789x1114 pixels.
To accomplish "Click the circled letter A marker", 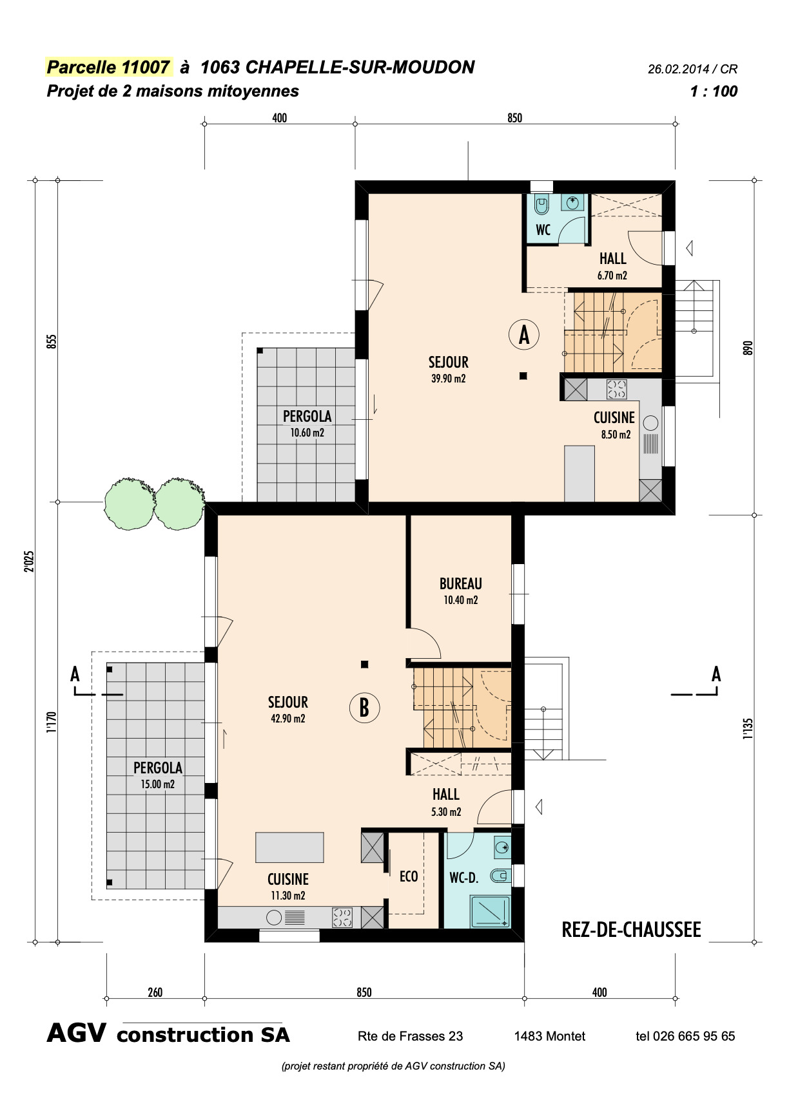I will point(524,335).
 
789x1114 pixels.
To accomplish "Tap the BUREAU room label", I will point(460,584).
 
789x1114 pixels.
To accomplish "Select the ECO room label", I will point(409,876).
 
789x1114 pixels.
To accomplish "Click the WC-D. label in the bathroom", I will point(463,878).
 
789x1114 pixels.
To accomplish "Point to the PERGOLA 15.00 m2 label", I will point(158,775).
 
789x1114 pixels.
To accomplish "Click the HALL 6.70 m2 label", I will point(612,266).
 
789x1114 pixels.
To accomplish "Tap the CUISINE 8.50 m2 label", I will point(614,425).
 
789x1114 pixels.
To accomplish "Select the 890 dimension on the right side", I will point(748,348).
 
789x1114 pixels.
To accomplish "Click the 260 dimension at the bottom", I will point(155,992).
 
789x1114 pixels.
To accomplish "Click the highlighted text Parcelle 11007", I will point(108,67).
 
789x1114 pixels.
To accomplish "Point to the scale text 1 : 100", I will point(714,91).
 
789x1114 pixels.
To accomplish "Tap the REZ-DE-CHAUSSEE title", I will point(631,930).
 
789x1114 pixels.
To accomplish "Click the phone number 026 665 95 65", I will point(694,1036).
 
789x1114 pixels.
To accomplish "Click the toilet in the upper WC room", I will point(541,205).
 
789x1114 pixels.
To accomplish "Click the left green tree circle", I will point(129,504).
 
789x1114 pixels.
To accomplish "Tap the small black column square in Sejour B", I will point(364,664).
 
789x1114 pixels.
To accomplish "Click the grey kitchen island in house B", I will point(289,847).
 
